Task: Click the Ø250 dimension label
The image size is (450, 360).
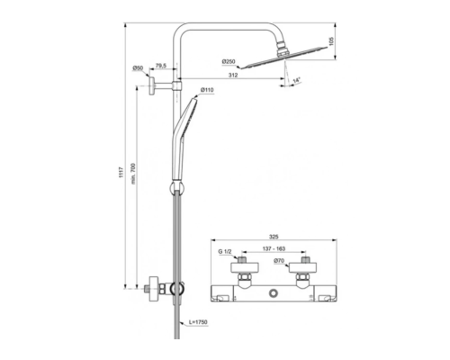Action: [x=229, y=61]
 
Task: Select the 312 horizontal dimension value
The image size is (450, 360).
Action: [x=233, y=76]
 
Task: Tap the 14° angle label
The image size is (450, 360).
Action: [x=297, y=82]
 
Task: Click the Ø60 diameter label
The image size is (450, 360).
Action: [x=139, y=68]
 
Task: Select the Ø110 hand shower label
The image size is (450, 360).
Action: [x=206, y=90]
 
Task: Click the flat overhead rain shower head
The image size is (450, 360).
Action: [x=287, y=59]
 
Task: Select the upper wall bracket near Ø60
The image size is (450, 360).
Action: [x=162, y=87]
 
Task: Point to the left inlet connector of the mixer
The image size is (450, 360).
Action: [x=243, y=270]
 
